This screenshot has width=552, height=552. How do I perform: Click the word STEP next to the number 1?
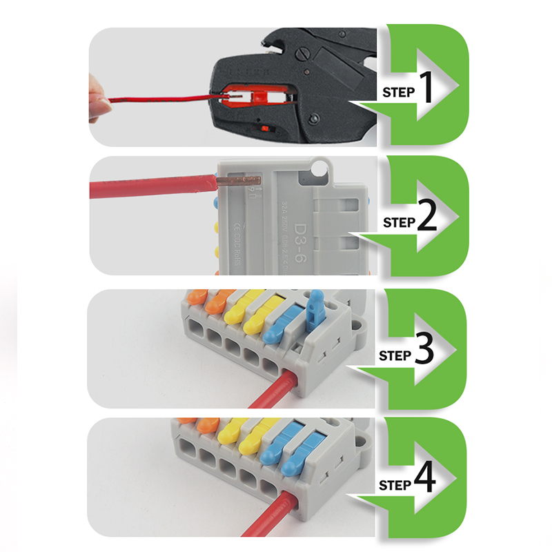click(398, 92)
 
